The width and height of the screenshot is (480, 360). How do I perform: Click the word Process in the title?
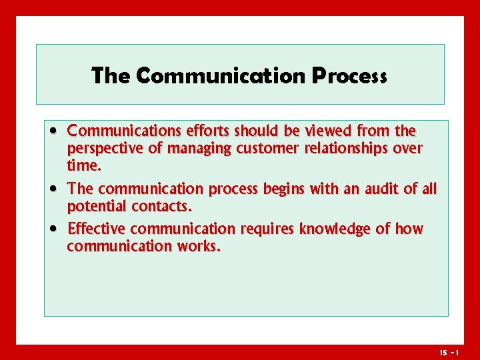(349, 75)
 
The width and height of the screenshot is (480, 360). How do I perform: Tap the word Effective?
(97, 229)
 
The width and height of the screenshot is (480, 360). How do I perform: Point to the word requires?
(267, 230)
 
